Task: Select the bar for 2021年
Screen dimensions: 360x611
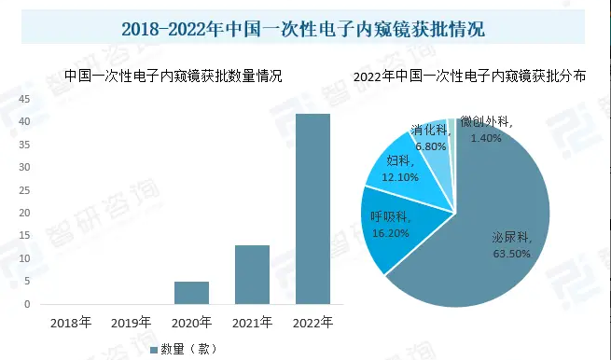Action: pos(253,274)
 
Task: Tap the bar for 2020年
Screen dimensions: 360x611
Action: pos(191,293)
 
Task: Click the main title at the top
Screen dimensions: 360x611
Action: pos(304,29)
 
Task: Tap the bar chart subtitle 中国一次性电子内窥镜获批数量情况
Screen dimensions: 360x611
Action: pos(173,76)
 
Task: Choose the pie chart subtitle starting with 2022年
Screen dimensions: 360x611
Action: pos(469,76)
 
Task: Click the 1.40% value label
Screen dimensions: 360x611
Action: pos(487,137)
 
